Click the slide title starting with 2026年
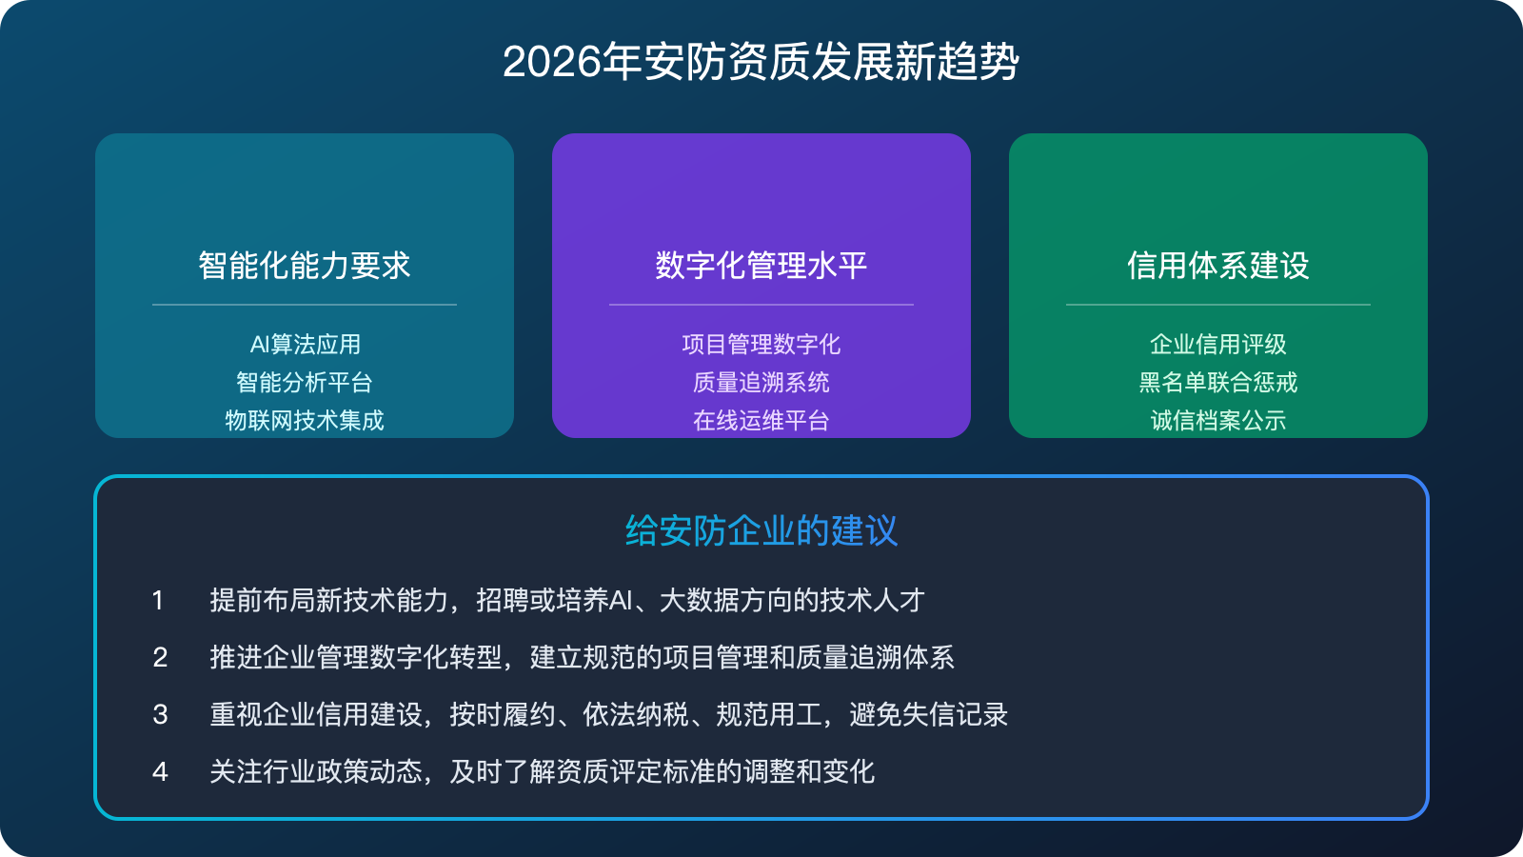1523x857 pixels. pos(761,63)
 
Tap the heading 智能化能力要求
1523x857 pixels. pos(305,266)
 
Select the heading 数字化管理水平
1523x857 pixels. pos(761,266)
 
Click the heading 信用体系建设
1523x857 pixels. pos(1218,266)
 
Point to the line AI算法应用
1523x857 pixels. pos(305,344)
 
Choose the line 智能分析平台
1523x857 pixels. pos(305,383)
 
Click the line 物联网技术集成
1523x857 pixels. pos(305,420)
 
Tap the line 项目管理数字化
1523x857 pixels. pos(761,344)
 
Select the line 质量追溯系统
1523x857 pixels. pos(761,383)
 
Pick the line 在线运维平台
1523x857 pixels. pos(761,420)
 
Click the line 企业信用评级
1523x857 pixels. pos(1218,344)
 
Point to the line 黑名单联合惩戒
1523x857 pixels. pos(1218,383)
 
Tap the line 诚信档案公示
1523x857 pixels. pos(1218,420)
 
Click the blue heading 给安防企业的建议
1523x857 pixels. pos(761,531)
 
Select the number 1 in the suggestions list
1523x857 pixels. pos(158,601)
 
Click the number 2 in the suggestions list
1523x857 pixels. pos(160,658)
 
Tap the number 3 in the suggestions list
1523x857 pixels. pos(160,715)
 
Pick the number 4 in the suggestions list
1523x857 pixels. pos(160,772)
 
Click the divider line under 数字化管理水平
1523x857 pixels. pos(761,305)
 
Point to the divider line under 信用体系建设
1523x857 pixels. pos(1218,305)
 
